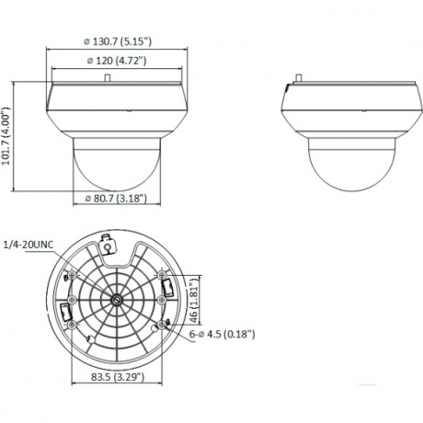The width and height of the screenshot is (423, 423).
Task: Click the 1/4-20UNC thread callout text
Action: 30,244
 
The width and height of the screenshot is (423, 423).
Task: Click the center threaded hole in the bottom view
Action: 117,298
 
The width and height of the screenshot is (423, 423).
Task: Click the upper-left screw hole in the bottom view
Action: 74,276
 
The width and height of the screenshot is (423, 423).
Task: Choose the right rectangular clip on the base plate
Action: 167,289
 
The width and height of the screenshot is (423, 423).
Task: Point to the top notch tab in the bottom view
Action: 109,246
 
